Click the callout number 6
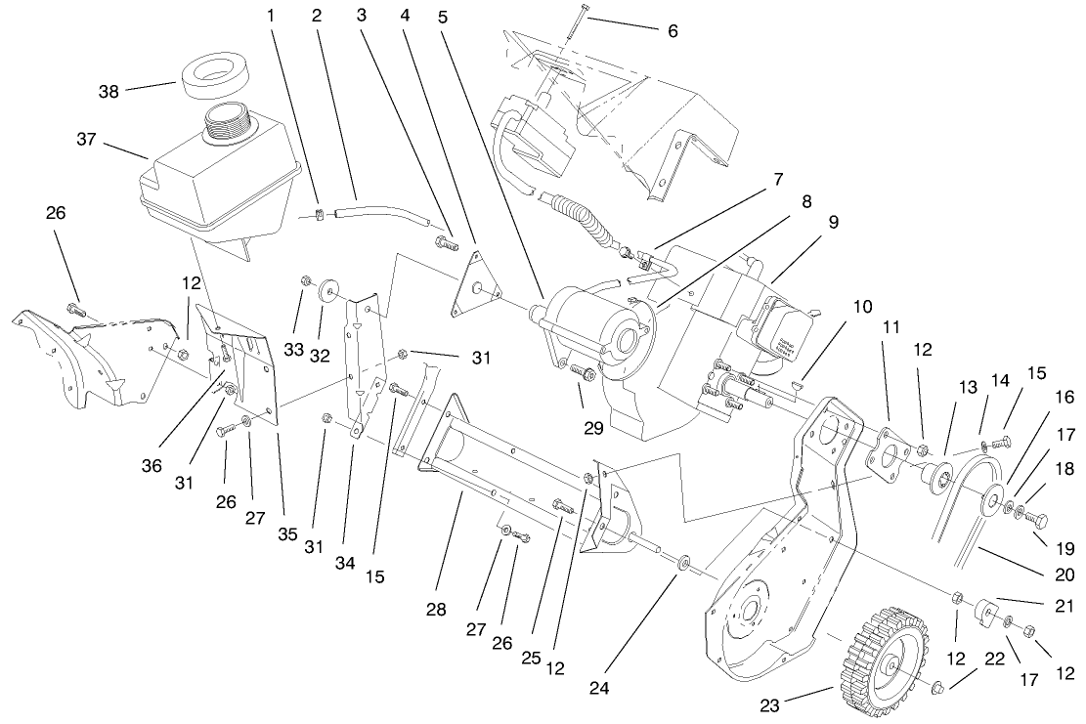(672, 31)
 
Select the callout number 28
(435, 610)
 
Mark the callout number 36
(151, 466)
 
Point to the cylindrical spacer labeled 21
(987, 615)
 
